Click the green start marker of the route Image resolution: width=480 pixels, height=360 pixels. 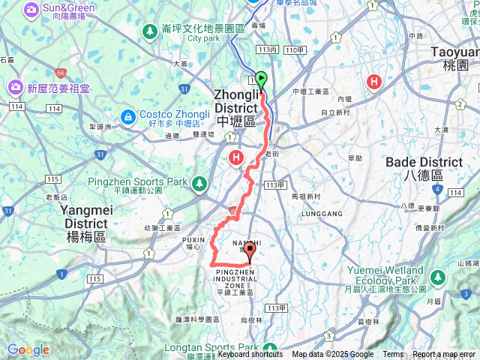pos(260,78)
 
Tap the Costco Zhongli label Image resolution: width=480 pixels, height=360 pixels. pos(165,115)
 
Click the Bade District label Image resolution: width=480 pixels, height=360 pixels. pos(423,168)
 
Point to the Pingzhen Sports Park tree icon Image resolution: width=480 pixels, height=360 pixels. pos(199,182)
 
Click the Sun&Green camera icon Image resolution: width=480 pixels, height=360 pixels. pos(31,9)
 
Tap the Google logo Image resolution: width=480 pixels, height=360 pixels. pos(28,350)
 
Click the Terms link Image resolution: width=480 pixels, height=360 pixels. pos(393,355)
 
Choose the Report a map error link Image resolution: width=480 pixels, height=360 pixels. pos(444,355)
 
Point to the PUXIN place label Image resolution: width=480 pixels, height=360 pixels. pos(193,241)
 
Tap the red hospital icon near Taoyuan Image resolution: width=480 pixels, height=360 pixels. pos(373,82)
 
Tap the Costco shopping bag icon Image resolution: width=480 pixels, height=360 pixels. pos(128,117)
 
